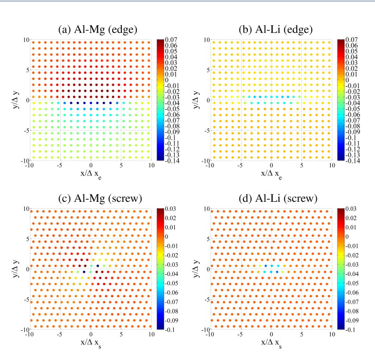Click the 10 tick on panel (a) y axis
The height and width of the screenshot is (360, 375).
[25, 40]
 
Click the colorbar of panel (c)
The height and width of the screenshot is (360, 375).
[160, 269]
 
